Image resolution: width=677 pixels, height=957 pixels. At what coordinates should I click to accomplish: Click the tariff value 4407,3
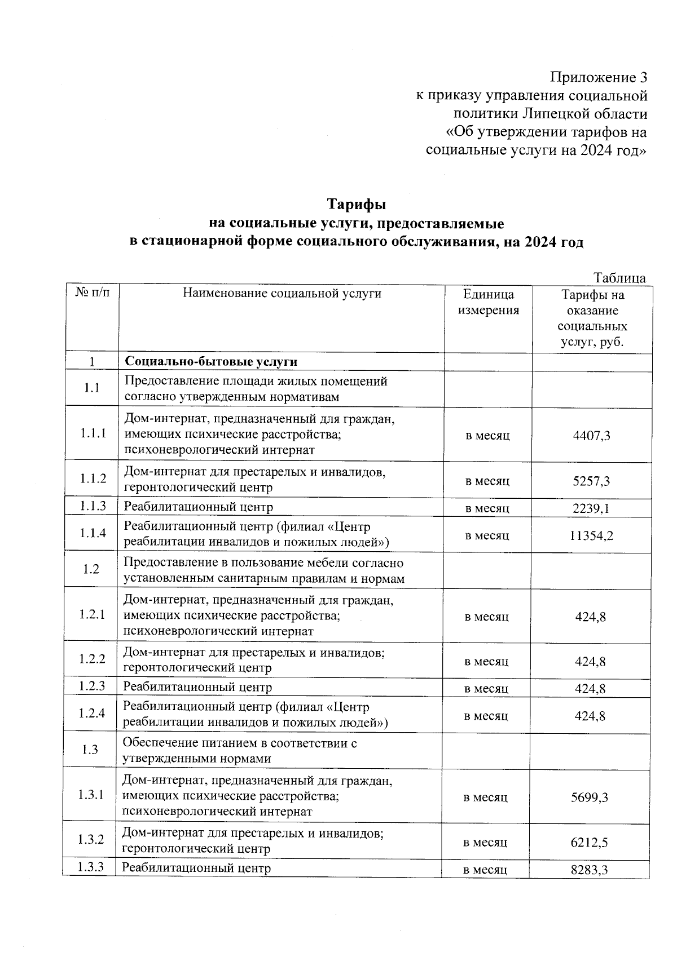591,436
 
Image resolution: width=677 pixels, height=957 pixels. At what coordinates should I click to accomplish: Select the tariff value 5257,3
591,481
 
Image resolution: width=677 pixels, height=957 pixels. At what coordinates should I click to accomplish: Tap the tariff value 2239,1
591,508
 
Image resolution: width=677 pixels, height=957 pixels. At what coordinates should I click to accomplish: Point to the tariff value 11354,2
591,535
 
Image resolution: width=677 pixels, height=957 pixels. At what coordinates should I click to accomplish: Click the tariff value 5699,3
590,797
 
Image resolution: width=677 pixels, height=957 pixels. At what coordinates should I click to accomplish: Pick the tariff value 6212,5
590,843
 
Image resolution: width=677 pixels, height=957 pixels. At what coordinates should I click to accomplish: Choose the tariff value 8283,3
590,870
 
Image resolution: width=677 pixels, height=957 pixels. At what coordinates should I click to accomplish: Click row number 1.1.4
93,533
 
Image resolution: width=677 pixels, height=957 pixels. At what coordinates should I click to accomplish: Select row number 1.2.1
92,614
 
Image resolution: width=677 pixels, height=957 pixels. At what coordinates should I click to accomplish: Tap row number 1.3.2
91,840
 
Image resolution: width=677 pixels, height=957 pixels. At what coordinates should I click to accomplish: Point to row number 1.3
90,750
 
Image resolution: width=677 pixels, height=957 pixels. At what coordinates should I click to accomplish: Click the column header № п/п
93,293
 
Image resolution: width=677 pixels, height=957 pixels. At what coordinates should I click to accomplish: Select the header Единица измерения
489,302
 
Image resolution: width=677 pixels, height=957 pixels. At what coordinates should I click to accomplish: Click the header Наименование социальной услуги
282,294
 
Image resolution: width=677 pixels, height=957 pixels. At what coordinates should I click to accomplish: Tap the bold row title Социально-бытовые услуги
211,361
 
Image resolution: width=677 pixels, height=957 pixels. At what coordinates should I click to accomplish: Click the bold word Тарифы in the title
357,203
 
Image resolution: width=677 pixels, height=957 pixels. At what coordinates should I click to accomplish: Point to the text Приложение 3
599,77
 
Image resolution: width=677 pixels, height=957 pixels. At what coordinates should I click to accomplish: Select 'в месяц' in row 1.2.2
486,661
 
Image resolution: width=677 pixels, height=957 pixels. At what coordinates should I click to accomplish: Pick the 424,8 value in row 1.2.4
590,716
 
